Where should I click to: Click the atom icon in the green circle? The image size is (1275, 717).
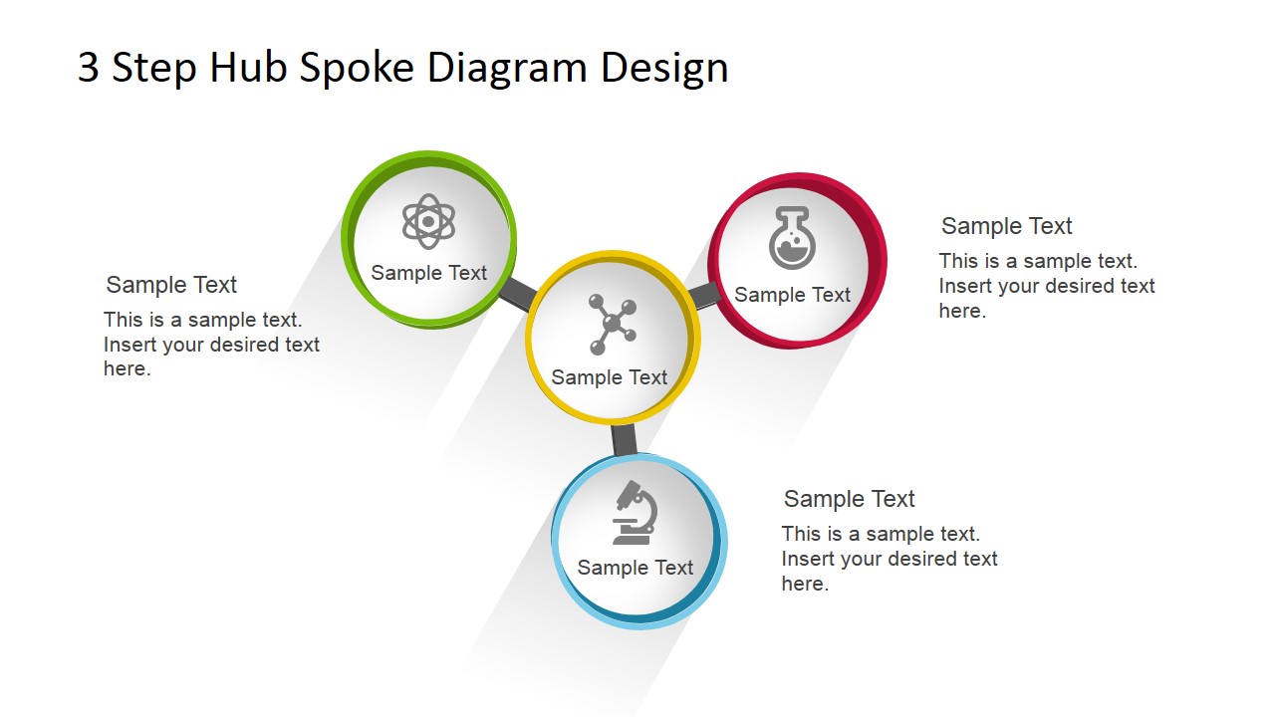[428, 221]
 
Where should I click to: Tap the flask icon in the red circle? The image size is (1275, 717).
[792, 237]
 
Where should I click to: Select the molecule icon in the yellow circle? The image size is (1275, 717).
[612, 325]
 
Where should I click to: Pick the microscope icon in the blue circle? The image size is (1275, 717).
[635, 513]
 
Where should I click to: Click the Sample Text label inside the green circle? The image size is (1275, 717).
[428, 273]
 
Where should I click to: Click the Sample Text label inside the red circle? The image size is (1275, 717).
[792, 295]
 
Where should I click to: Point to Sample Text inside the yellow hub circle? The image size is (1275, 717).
[609, 377]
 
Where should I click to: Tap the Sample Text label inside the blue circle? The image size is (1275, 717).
[635, 568]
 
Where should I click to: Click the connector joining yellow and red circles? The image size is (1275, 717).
[704, 296]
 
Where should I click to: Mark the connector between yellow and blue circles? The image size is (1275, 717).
[624, 440]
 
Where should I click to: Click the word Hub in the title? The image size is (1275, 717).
[248, 68]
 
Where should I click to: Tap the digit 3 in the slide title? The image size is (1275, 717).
[89, 68]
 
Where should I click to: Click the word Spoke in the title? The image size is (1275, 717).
[357, 68]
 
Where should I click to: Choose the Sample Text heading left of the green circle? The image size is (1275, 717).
[170, 285]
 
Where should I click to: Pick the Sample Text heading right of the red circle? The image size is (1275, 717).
[1006, 226]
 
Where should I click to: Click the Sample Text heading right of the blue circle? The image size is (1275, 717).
[849, 499]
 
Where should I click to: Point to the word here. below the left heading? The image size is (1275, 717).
[127, 368]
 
